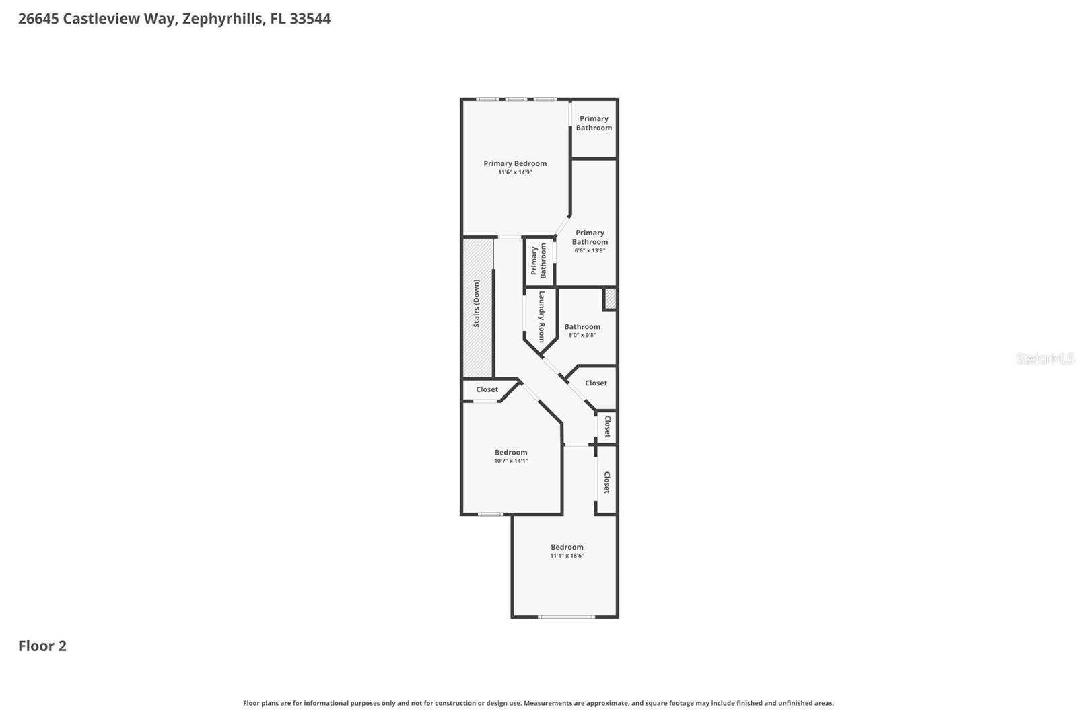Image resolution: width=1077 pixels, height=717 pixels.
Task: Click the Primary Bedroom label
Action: (x=515, y=163)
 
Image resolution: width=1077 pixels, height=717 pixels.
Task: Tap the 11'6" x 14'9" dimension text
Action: (x=515, y=172)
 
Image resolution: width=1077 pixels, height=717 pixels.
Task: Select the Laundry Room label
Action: (x=541, y=316)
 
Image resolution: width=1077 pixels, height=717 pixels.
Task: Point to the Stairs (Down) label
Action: (x=477, y=304)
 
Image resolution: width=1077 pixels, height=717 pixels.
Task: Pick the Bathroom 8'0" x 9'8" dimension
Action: (x=582, y=335)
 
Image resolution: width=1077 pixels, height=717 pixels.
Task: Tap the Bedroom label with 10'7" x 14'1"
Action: (x=511, y=453)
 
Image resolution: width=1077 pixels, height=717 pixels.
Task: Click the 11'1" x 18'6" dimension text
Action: (x=567, y=556)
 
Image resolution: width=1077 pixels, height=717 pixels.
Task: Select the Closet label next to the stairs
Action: (x=487, y=389)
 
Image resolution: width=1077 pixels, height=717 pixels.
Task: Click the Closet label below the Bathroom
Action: (x=596, y=383)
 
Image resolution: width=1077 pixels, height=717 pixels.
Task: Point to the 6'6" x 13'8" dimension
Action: (x=590, y=250)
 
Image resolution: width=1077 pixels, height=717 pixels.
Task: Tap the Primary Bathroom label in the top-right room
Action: (x=594, y=123)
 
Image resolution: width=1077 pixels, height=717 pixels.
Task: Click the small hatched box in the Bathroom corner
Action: (x=610, y=298)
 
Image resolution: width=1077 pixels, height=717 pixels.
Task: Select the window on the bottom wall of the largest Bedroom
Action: (x=566, y=617)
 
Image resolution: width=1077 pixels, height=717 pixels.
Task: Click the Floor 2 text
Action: (x=42, y=646)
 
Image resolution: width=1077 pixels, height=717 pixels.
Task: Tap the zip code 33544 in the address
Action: (x=310, y=19)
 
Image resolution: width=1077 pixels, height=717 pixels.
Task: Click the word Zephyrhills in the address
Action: (x=222, y=19)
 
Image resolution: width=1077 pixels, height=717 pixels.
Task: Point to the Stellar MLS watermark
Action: (x=1045, y=358)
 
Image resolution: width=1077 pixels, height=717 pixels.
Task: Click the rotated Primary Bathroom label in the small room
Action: (x=538, y=261)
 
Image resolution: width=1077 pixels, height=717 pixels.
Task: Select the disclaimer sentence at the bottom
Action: (x=538, y=703)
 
